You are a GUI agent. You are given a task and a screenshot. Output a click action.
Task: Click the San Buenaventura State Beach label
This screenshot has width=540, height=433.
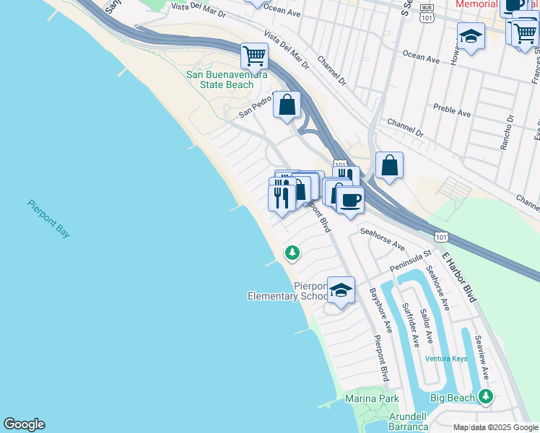click(227, 79)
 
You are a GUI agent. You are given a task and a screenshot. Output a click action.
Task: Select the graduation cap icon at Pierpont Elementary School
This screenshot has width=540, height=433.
click(341, 291)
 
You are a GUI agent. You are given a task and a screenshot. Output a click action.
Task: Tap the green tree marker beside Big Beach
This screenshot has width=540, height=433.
click(486, 396)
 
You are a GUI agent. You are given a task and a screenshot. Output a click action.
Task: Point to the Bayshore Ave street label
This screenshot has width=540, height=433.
click(380, 310)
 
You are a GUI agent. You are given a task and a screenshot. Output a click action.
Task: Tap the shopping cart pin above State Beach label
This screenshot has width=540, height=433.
click(254, 55)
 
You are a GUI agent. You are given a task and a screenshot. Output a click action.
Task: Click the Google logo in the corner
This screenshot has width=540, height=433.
click(24, 424)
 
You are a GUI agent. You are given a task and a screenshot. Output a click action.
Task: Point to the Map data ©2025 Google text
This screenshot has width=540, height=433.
click(495, 427)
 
